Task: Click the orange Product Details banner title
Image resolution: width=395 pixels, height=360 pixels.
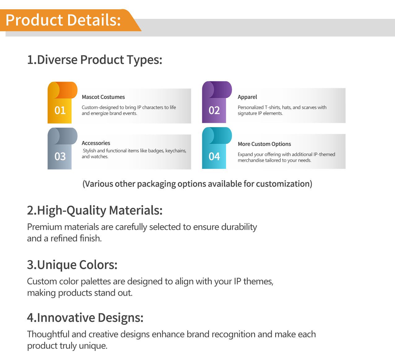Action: pos(63,20)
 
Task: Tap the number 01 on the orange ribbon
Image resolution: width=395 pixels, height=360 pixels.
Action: pos(60,110)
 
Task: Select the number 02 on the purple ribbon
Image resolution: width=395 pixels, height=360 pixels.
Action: pos(214,110)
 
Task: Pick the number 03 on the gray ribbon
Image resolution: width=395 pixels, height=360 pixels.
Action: pos(60,156)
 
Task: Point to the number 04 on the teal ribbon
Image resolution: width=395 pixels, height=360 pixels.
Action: pos(214,156)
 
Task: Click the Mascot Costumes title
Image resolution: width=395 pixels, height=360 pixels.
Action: pos(103,97)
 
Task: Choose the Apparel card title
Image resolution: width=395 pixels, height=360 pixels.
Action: pos(247,97)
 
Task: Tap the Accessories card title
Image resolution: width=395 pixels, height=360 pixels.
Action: pos(96,143)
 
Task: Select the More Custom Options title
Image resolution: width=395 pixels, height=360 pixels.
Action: pos(264,144)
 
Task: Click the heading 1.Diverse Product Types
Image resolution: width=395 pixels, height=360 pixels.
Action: pos(95,60)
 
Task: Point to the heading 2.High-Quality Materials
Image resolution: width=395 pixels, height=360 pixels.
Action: pos(95,211)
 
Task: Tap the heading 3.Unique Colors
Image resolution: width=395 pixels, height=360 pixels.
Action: pos(72,265)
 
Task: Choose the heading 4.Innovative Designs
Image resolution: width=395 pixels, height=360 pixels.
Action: pos(85,318)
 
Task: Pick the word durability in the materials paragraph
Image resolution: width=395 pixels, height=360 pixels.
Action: pos(239,227)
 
